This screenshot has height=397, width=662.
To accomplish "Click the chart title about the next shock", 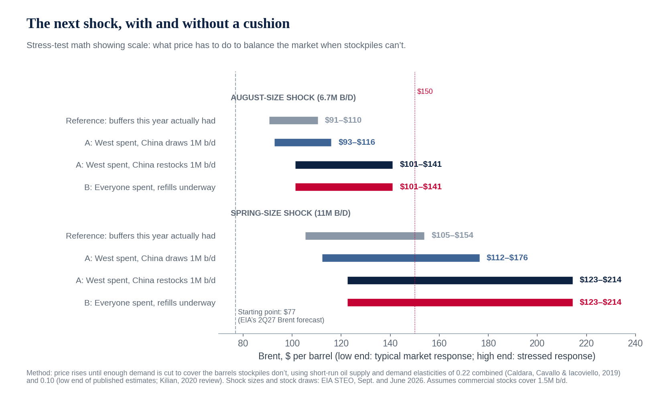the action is (x=158, y=24).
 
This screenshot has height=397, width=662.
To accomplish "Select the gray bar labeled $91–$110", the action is (x=293, y=121).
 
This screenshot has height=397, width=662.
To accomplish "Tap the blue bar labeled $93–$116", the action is (x=303, y=142).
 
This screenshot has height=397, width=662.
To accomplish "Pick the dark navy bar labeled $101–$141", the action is (x=344, y=165).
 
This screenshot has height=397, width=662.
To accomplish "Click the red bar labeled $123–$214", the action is (x=460, y=302).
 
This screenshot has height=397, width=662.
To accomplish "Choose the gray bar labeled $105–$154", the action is (x=365, y=236).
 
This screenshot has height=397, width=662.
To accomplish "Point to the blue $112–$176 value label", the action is (x=507, y=257).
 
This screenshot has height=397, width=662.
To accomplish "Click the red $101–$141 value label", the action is (x=420, y=187).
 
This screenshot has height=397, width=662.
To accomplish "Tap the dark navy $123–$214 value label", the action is (x=600, y=280).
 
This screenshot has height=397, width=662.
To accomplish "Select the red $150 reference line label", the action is (x=425, y=91).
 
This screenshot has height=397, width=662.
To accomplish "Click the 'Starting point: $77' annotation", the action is (x=266, y=312).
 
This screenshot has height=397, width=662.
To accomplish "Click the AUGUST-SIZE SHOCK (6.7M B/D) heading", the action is (x=293, y=98).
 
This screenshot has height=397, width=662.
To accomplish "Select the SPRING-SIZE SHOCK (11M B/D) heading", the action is (x=290, y=213).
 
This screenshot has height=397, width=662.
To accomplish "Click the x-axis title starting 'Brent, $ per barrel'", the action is (x=427, y=356).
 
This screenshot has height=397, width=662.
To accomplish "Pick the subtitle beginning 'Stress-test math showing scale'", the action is (x=216, y=45).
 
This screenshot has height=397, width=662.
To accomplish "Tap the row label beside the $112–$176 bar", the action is (x=150, y=259).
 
